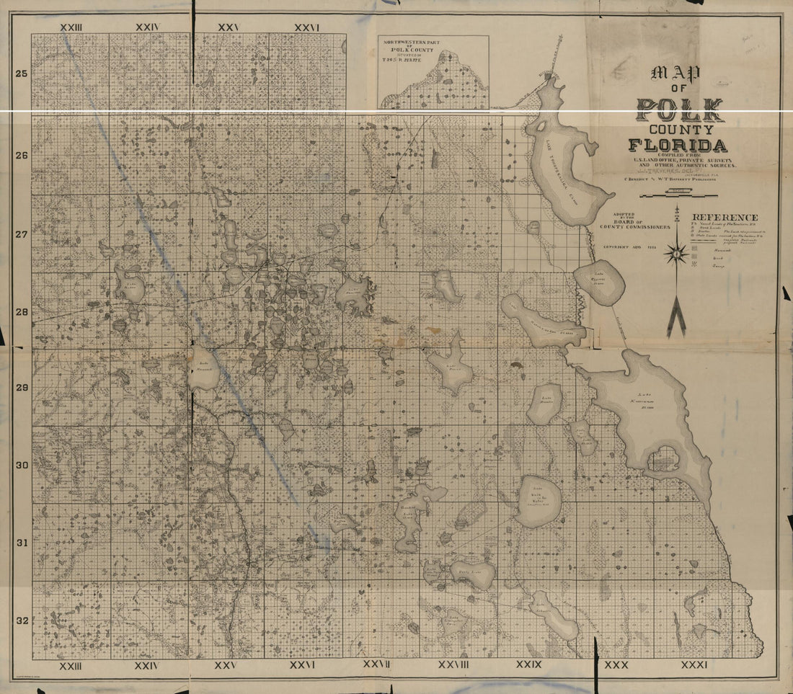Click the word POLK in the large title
pos(680,110)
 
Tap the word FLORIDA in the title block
pos(678,146)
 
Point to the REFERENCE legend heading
pos(725,218)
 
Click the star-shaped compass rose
pos(676,253)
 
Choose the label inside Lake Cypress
pos(598,282)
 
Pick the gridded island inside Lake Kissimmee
pos(663,459)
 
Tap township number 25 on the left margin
pos(22,74)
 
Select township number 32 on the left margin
pos(22,620)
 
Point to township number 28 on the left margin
pos(22,312)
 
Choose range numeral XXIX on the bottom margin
pos(529,664)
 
